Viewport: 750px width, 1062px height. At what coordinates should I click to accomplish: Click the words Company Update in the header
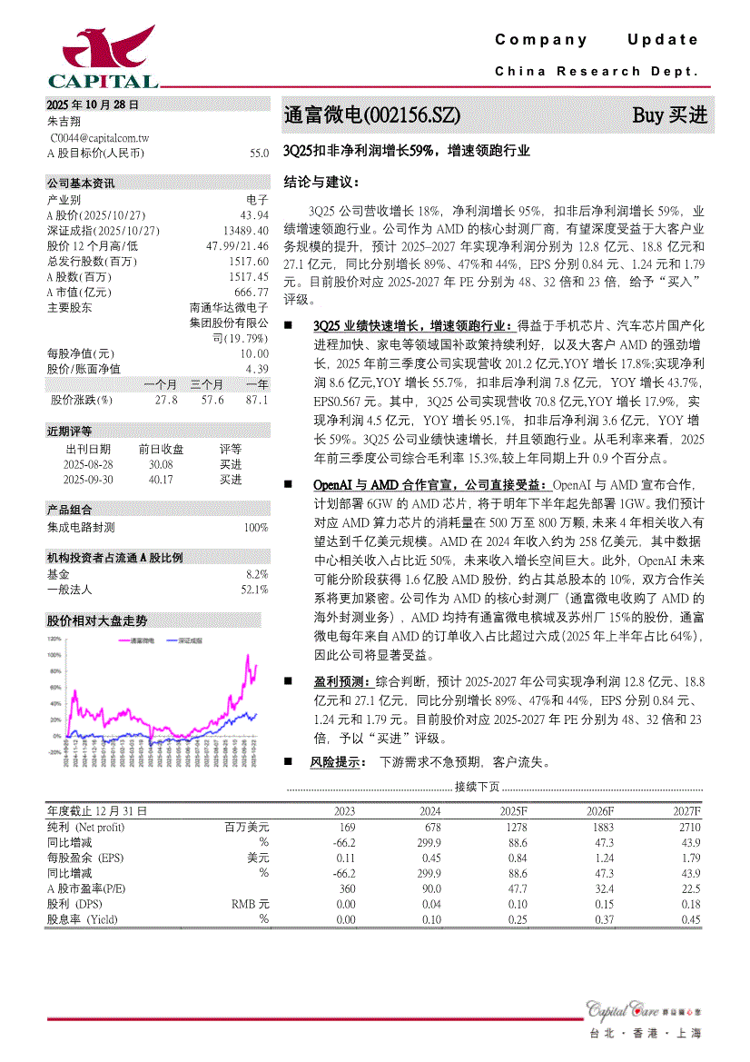(x=597, y=40)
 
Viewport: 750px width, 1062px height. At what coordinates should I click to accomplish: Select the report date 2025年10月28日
(x=93, y=104)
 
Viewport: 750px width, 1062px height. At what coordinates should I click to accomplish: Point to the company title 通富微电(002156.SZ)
(x=372, y=116)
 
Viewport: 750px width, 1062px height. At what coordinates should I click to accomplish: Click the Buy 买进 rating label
(x=669, y=116)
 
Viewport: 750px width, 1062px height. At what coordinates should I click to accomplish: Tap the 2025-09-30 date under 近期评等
(x=88, y=480)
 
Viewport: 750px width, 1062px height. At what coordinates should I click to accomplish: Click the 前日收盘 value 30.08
(x=161, y=464)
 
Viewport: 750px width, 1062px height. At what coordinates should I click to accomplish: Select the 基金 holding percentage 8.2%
(x=257, y=574)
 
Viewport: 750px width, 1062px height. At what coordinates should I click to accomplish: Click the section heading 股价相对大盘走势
(x=96, y=621)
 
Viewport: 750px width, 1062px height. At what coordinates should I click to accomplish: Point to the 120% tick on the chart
(x=54, y=639)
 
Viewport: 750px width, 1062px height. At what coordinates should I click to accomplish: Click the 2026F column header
(x=599, y=811)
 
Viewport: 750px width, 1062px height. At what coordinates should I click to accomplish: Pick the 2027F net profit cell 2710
(x=688, y=828)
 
